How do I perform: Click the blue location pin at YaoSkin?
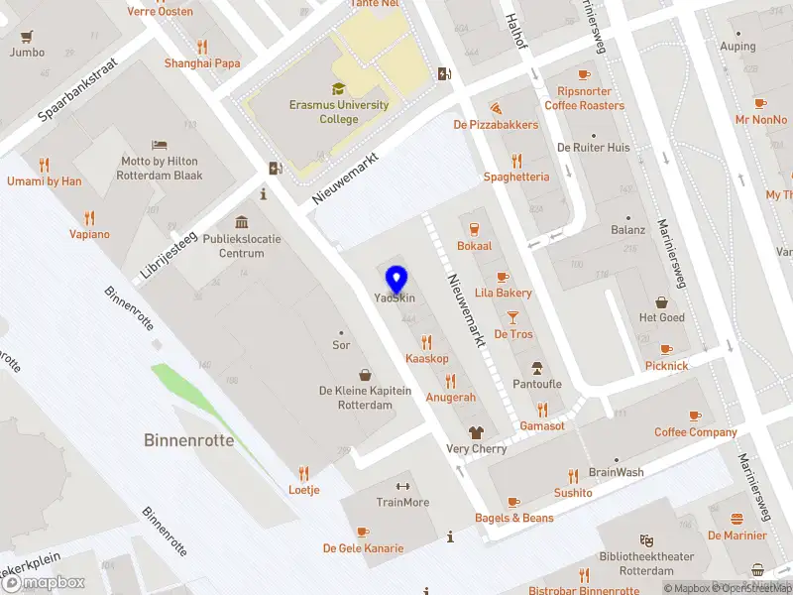pyautogui.click(x=396, y=279)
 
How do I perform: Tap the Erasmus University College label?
pyautogui.click(x=338, y=112)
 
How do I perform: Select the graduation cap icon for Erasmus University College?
pyautogui.click(x=338, y=88)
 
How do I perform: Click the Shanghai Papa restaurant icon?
pyautogui.click(x=202, y=46)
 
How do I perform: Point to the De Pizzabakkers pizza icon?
pyautogui.click(x=496, y=107)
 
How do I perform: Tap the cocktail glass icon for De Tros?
pyautogui.click(x=512, y=317)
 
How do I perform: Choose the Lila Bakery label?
pyautogui.click(x=504, y=293)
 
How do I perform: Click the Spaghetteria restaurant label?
pyautogui.click(x=515, y=177)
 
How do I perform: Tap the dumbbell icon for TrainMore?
pyautogui.click(x=402, y=486)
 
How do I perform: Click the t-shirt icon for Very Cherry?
pyautogui.click(x=476, y=432)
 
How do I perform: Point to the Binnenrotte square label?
pyautogui.click(x=189, y=440)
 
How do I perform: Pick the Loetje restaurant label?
pyautogui.click(x=303, y=490)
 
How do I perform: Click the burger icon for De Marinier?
pyautogui.click(x=736, y=519)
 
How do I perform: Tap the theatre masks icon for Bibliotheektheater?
pyautogui.click(x=646, y=539)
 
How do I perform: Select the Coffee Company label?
pyautogui.click(x=696, y=432)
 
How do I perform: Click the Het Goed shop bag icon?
pyautogui.click(x=661, y=301)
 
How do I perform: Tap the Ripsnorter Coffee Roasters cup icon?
pyautogui.click(x=584, y=74)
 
